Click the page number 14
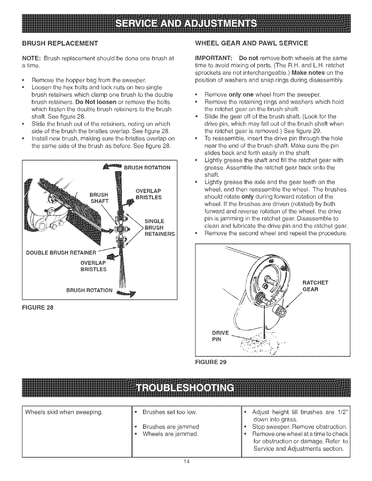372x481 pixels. click(186, 462)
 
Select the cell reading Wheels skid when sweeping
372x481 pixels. click(64, 412)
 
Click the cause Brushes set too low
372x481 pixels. click(170, 412)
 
